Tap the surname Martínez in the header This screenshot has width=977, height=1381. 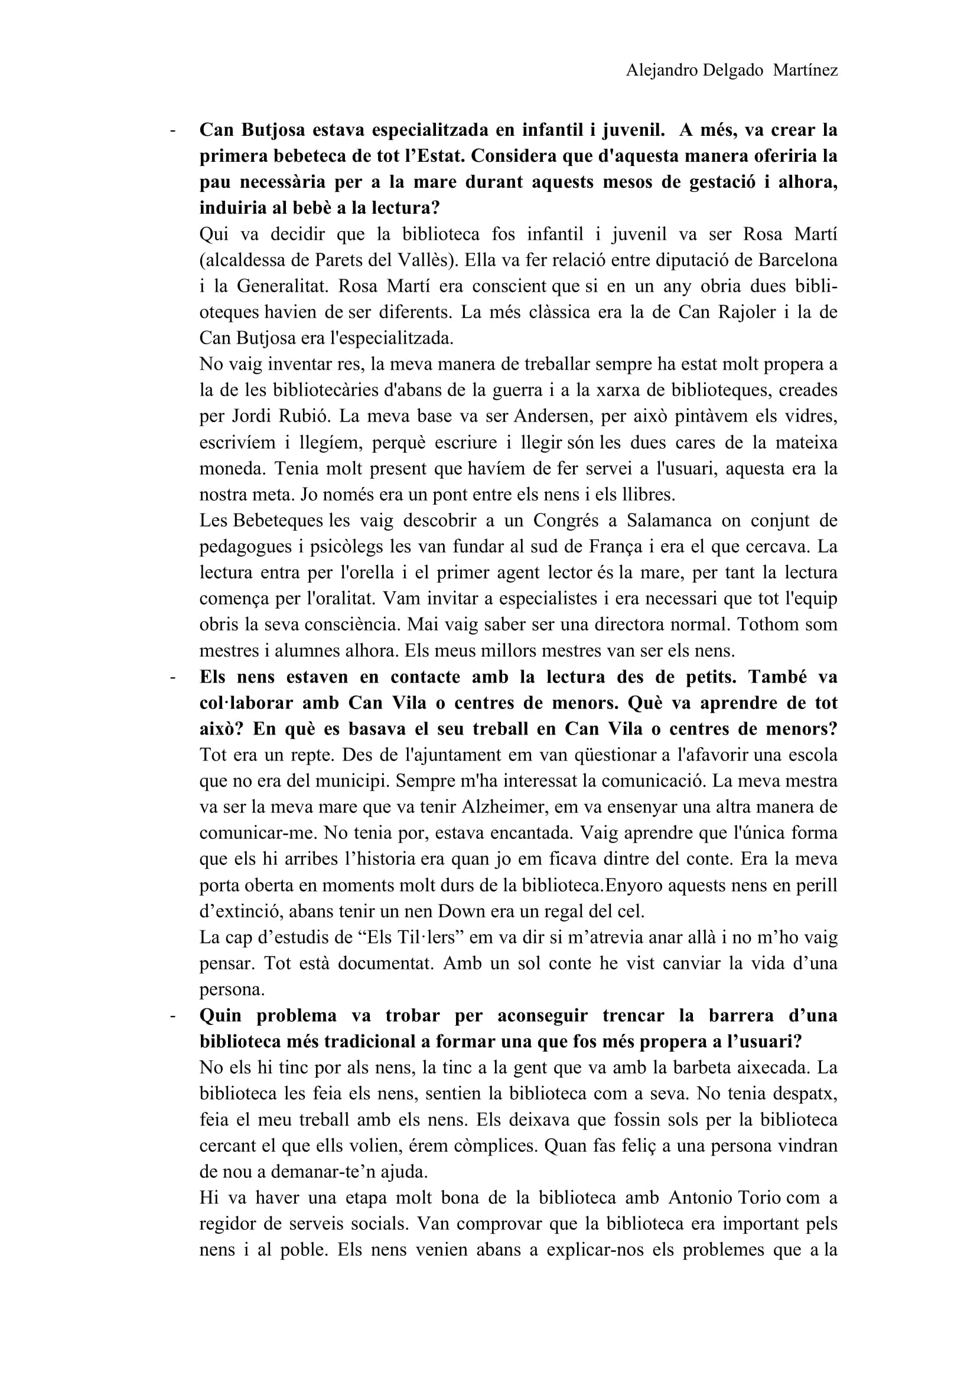click(x=805, y=71)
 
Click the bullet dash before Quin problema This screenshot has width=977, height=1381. click(x=173, y=1016)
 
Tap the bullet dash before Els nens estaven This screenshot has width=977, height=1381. click(x=173, y=677)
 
